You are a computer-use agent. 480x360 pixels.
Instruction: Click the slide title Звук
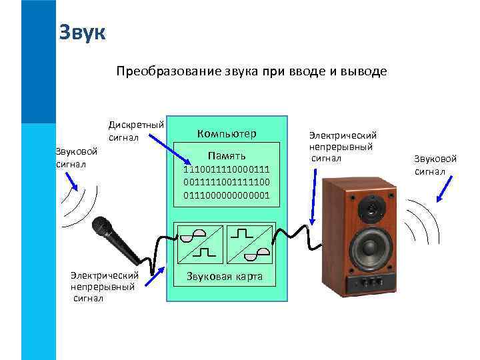(82, 32)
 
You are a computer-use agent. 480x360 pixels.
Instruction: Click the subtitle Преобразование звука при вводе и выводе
(251, 71)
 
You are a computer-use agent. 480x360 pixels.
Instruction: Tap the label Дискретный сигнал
(136, 131)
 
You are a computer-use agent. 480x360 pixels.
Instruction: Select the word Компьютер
(226, 133)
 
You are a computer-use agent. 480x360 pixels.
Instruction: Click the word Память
(227, 157)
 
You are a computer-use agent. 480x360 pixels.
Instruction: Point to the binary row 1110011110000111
(227, 170)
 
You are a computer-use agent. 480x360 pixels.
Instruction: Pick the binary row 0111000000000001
(227, 195)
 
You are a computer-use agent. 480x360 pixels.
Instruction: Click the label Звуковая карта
(225, 277)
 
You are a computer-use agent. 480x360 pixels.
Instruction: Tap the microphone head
(102, 227)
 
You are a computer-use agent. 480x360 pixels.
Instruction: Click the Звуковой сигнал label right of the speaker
(435, 165)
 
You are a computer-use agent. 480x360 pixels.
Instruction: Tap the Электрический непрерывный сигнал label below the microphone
(104, 286)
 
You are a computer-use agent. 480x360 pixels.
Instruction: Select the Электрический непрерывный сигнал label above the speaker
(343, 146)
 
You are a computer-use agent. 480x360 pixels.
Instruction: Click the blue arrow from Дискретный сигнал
(166, 148)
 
